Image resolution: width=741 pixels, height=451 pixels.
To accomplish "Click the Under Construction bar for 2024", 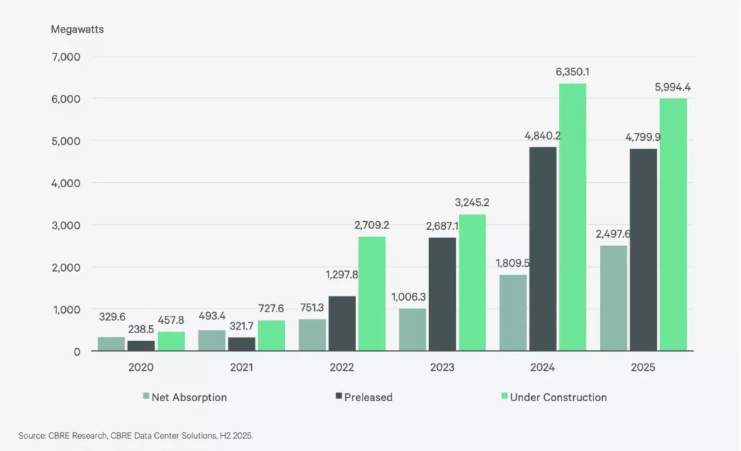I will point(572,217).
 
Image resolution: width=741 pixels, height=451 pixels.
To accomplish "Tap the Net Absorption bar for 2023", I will point(412,330).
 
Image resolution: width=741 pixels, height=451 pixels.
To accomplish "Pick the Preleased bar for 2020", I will point(141,345).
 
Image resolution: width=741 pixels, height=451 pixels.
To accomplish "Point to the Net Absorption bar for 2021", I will point(211,340).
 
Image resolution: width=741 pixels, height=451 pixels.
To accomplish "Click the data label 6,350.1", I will point(572,72).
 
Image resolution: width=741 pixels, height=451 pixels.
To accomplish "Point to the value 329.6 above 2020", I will point(111,316).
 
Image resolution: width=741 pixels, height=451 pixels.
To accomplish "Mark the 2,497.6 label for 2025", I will point(613,233).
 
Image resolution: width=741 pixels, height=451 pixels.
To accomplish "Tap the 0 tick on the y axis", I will point(76,351).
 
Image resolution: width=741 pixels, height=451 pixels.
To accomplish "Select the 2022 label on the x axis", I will point(342,367).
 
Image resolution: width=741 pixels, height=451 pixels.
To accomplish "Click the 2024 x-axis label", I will point(542,367).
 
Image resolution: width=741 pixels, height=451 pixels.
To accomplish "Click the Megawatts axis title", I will point(77,30).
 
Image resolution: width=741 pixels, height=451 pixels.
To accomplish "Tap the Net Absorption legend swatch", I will point(146,397).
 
